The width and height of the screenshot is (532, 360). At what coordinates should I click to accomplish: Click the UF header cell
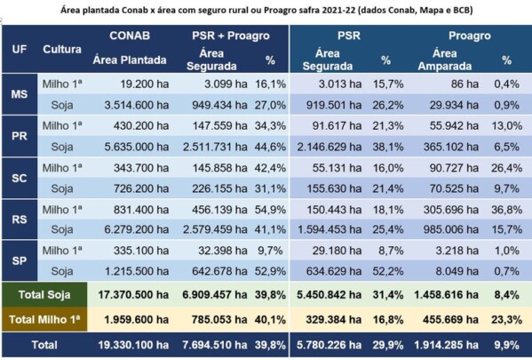(x=18, y=50)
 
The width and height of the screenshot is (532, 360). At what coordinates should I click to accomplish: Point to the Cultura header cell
(x=62, y=50)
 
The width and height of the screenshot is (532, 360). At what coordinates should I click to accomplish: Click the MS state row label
(x=18, y=93)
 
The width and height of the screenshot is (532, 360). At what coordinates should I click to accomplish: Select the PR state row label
(x=18, y=135)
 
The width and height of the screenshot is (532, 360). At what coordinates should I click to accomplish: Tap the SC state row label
(x=18, y=178)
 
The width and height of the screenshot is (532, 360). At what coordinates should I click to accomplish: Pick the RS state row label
(x=18, y=220)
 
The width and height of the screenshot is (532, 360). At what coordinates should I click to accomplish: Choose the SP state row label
(x=18, y=261)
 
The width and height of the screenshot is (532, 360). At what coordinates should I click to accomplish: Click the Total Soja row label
(x=44, y=293)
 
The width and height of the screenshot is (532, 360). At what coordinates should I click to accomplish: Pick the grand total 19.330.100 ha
(x=127, y=343)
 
